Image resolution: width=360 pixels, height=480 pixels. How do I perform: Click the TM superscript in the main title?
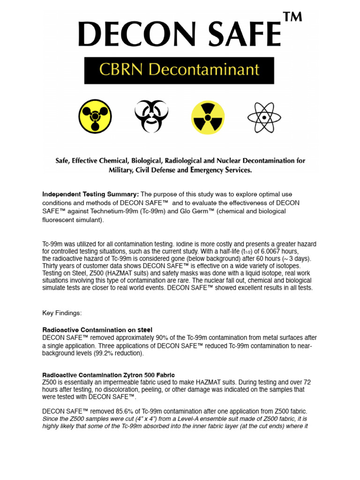[292, 17]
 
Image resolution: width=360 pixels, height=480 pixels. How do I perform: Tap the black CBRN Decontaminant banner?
[179, 70]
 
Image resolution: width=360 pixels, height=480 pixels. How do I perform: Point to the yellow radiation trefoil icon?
[208, 117]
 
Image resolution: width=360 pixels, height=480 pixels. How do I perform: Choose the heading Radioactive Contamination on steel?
[97, 330]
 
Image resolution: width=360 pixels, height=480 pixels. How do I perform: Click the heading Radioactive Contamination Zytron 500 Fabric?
[109, 375]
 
